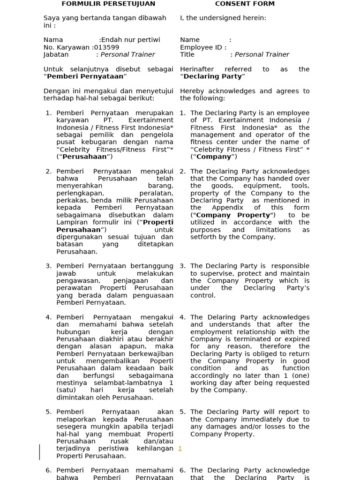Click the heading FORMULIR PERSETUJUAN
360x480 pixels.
point(108,4)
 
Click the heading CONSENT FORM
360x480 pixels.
point(245,4)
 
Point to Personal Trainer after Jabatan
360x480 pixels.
point(127,54)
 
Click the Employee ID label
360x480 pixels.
point(203,47)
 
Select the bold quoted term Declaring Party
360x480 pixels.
point(213,76)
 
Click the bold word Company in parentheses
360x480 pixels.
point(214,157)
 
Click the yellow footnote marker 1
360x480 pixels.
point(180,449)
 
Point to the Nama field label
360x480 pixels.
point(53,40)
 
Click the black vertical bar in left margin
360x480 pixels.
point(40,452)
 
